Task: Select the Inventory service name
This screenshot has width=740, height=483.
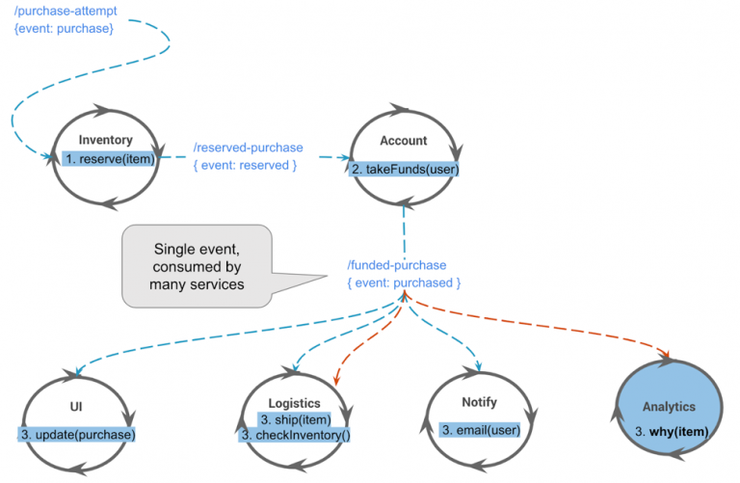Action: pos(105,140)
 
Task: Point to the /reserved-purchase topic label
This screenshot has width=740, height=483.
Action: pos(248,148)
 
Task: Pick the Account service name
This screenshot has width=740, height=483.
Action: pos(403,141)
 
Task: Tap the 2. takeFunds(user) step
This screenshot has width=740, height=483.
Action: pos(404,169)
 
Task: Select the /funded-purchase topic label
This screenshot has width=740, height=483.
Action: pos(397,265)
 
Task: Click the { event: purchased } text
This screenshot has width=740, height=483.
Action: pos(404,282)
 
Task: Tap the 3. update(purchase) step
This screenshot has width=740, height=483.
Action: pos(78,435)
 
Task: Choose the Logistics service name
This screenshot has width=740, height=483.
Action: pos(295,402)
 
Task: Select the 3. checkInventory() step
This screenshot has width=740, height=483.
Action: pos(295,435)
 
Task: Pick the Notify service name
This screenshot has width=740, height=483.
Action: pos(479,402)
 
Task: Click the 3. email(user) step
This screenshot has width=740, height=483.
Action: pos(479,428)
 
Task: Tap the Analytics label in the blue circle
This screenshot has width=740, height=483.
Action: pos(669,407)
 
